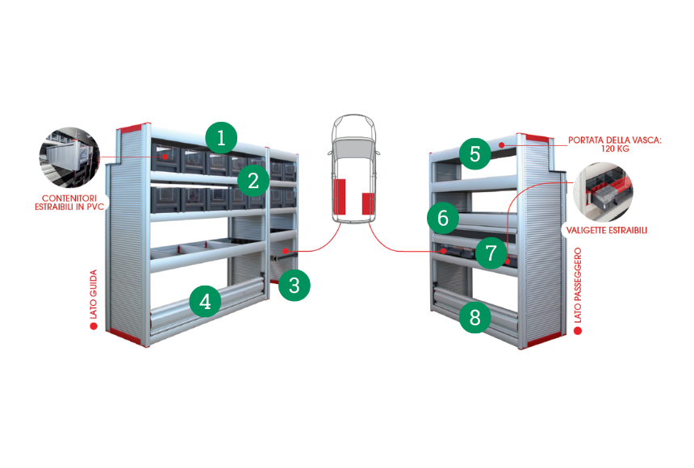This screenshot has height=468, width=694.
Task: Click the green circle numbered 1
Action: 221,138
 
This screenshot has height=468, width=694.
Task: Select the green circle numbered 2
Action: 253,181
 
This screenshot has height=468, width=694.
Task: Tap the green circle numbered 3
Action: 295,285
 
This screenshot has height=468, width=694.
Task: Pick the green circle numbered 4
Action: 205,302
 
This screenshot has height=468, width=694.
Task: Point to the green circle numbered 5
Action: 475,153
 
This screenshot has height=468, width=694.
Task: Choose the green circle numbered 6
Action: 443,218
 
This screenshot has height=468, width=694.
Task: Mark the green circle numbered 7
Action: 491,253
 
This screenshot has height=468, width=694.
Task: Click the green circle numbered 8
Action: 475,317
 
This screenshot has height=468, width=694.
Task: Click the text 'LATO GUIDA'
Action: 94,294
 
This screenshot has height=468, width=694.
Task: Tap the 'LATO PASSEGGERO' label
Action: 578,285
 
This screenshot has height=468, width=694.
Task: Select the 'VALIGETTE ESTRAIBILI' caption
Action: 607,230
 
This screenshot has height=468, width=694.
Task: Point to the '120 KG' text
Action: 615,148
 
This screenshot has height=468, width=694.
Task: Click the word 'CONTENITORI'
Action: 69,198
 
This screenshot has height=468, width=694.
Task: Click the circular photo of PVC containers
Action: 69,158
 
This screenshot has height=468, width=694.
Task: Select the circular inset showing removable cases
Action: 604,192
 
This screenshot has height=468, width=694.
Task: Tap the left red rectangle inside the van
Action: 340,197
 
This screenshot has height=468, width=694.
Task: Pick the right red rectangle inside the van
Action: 368,203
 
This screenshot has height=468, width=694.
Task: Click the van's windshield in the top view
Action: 353,147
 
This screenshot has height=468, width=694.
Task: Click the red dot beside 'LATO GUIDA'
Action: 94,326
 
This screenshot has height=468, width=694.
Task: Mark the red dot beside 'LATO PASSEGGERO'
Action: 578,331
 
